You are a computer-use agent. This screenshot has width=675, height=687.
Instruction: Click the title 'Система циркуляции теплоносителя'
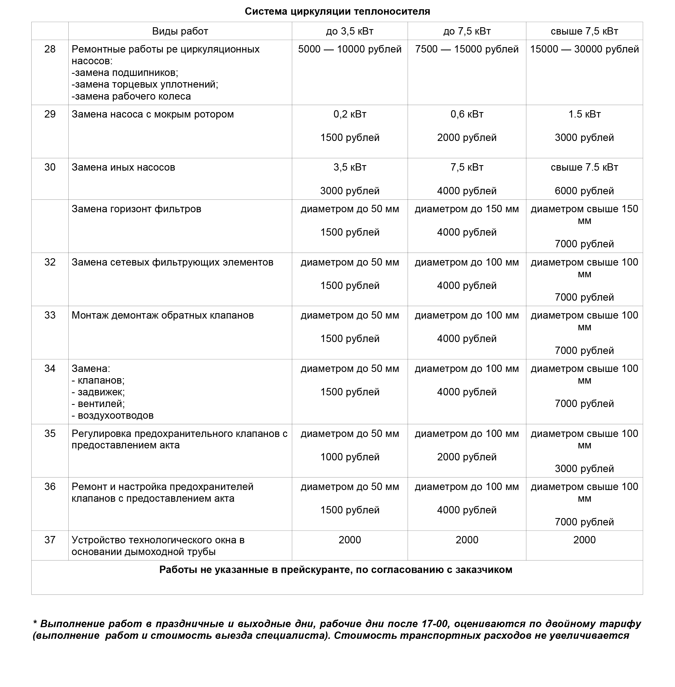[337, 12]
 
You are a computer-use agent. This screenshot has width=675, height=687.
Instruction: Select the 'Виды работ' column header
[180, 31]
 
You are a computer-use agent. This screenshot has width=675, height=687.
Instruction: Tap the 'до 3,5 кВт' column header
[350, 31]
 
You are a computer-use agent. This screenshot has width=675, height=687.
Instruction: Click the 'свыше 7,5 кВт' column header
[584, 31]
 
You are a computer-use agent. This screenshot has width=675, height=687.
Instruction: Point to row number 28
[50, 49]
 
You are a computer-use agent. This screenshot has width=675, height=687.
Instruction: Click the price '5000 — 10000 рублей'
[350, 49]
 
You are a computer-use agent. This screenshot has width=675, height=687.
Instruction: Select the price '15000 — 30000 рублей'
[584, 49]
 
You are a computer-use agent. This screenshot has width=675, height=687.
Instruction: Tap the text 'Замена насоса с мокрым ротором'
[152, 115]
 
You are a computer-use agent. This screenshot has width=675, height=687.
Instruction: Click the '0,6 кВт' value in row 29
[466, 115]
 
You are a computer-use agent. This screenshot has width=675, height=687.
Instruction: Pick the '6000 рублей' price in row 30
[584, 191]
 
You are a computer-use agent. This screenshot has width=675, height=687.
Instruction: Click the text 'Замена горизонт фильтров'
[136, 209]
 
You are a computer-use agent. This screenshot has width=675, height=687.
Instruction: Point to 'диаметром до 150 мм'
[466, 209]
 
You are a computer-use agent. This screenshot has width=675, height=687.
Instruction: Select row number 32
[50, 262]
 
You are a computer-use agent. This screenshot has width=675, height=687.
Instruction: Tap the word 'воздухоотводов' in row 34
[115, 416]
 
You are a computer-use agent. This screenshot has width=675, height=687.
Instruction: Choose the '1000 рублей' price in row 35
[350, 457]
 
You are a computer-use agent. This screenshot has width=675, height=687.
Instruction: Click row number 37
[50, 540]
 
